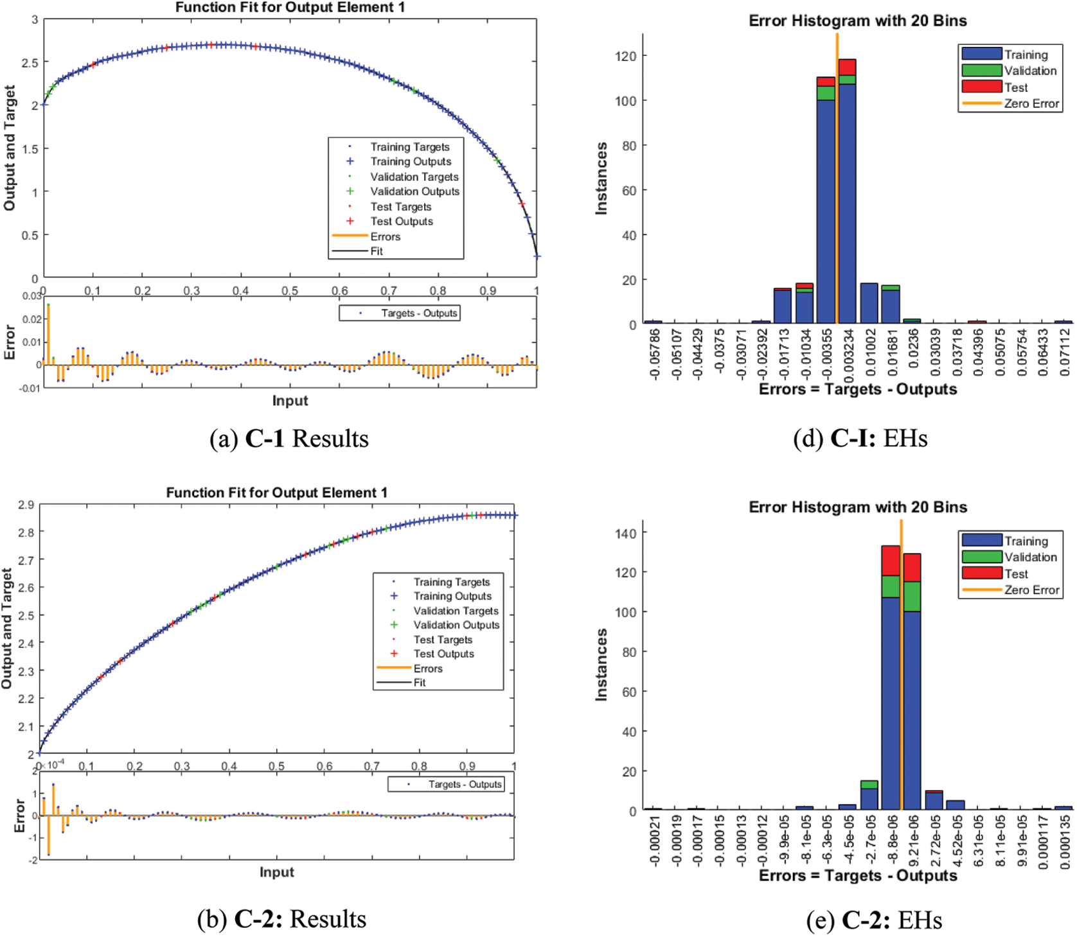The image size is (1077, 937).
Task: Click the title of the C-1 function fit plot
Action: (x=290, y=8)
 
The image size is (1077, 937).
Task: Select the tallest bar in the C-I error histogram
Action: (x=847, y=193)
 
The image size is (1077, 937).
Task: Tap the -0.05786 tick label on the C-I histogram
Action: (x=654, y=354)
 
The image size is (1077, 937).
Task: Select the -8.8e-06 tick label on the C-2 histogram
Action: (x=891, y=840)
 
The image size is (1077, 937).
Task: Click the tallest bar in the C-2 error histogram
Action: (x=891, y=681)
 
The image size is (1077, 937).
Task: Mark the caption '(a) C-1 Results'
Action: (x=289, y=439)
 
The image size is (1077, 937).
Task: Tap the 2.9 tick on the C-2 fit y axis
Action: (x=26, y=505)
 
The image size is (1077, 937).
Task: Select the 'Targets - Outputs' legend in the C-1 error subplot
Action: (x=400, y=313)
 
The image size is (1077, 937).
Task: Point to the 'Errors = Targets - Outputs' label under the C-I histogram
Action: (x=858, y=389)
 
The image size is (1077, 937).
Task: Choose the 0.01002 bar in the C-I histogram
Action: (x=869, y=303)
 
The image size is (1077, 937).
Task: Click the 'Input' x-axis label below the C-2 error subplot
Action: (x=276, y=872)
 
